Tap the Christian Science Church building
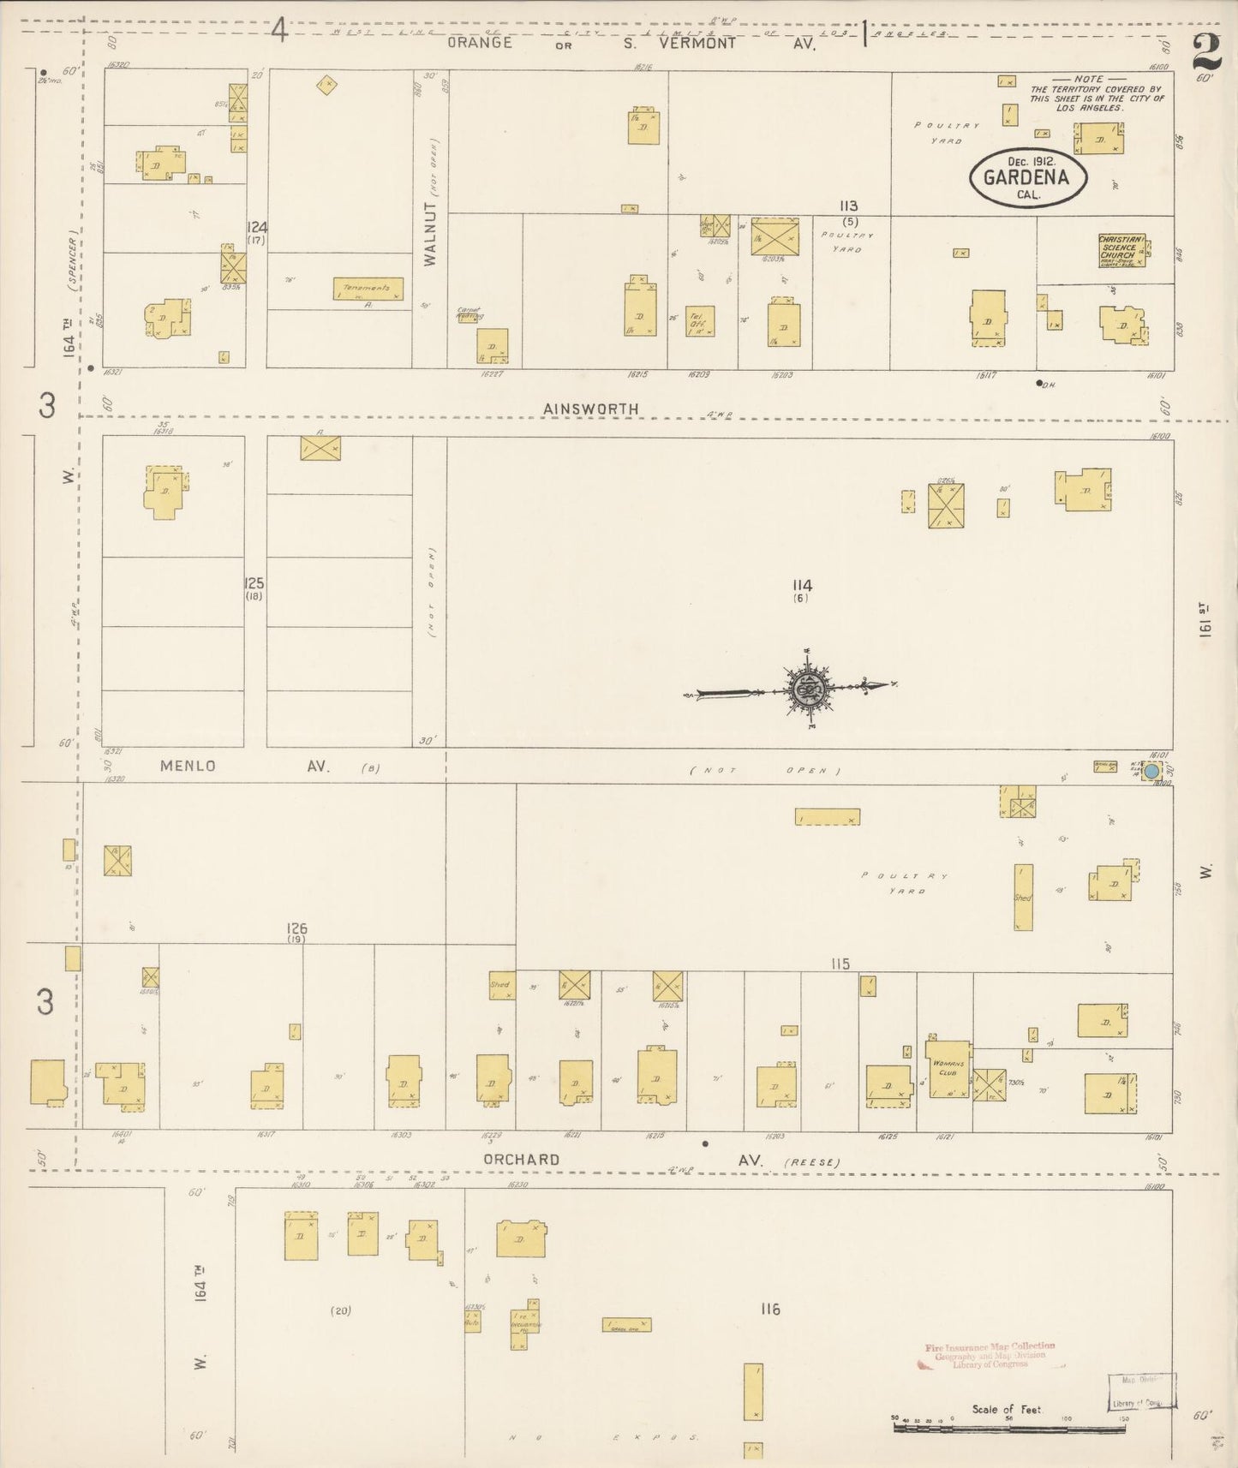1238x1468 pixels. [x=1121, y=248]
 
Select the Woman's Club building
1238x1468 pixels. [x=947, y=1070]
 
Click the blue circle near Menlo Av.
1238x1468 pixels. [x=1152, y=771]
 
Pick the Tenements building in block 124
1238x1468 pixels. [x=367, y=289]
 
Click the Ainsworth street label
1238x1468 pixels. [x=591, y=409]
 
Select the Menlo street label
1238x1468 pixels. [x=188, y=767]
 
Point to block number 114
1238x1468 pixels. [x=802, y=586]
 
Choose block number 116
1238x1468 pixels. [x=769, y=1309]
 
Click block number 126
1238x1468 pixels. [x=297, y=928]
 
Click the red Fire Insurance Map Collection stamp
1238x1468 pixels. [x=990, y=1354]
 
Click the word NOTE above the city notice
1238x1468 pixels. [x=1088, y=79]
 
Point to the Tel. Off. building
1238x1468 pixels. [x=699, y=321]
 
